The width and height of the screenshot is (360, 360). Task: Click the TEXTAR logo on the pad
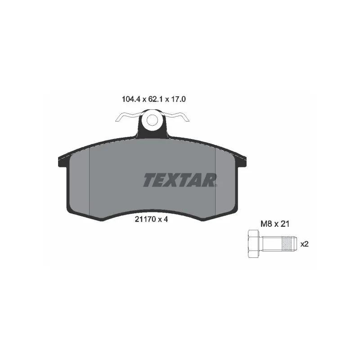pos(180,180)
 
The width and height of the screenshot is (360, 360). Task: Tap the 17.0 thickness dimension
pos(178,99)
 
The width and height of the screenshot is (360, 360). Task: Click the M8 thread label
pos(266,224)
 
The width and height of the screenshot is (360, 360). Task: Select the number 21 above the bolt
pos(285,224)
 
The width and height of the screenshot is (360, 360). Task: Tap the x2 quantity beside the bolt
pos(305,244)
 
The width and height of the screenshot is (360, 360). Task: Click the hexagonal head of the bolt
pos(253,243)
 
